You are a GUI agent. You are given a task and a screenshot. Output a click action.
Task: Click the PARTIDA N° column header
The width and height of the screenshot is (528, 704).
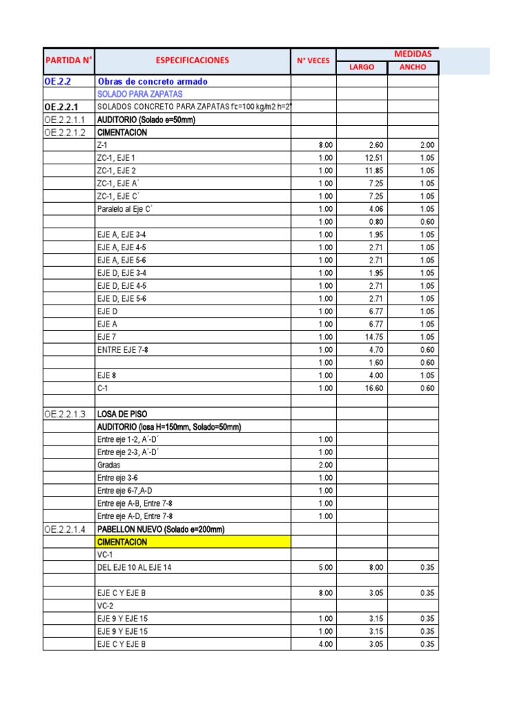tap(68, 60)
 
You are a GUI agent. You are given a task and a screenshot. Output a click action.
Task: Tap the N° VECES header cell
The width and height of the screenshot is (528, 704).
tap(313, 60)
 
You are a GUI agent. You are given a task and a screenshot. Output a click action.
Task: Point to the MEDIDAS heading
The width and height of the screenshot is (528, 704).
tap(412, 54)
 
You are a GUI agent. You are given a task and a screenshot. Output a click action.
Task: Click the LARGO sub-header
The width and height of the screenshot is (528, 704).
tap(362, 67)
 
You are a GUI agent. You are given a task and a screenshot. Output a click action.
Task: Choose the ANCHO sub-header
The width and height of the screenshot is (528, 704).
tap(412, 67)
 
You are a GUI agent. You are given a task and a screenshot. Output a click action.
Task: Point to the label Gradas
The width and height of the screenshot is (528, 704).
tap(109, 465)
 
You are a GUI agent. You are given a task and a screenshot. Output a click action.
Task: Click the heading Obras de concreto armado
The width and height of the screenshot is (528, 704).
tap(152, 81)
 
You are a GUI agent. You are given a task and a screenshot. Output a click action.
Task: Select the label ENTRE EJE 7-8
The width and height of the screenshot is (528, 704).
tap(122, 350)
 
